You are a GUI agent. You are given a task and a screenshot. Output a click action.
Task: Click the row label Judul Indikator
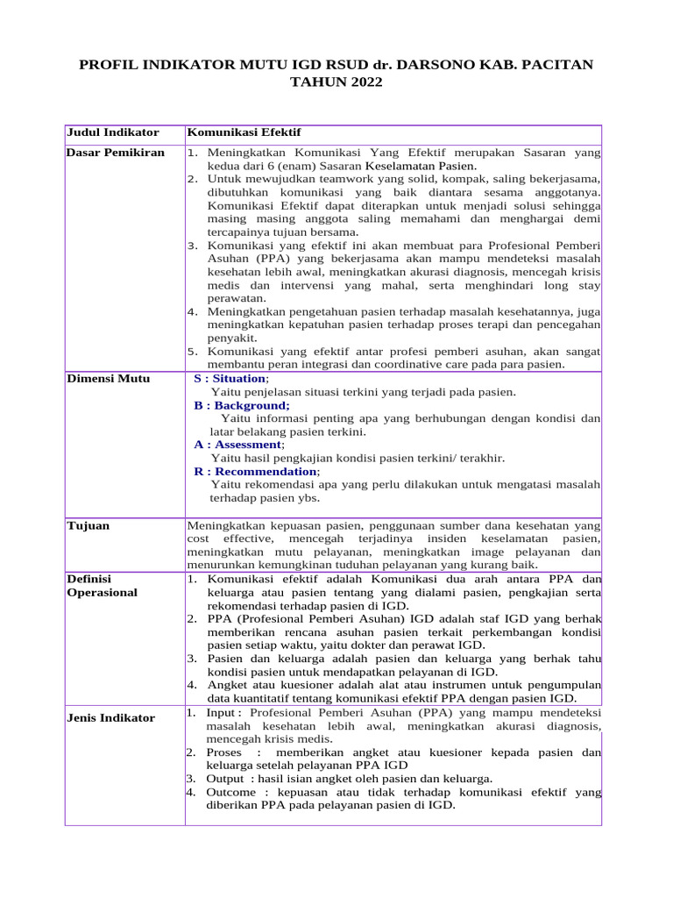[113, 132]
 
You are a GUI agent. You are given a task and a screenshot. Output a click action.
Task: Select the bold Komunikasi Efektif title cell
[244, 132]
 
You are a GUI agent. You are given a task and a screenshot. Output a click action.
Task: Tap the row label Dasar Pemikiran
[116, 153]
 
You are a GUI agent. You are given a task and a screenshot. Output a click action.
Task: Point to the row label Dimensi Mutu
[108, 379]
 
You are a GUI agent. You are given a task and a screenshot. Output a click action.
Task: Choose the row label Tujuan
[88, 525]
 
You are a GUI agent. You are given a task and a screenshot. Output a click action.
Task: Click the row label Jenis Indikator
[110, 718]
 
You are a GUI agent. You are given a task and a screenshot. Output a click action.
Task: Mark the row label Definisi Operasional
[102, 586]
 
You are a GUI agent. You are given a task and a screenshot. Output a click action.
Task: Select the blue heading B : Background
[241, 405]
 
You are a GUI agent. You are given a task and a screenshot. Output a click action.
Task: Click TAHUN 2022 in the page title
[336, 82]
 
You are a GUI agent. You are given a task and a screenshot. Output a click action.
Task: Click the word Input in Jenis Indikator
[223, 713]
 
